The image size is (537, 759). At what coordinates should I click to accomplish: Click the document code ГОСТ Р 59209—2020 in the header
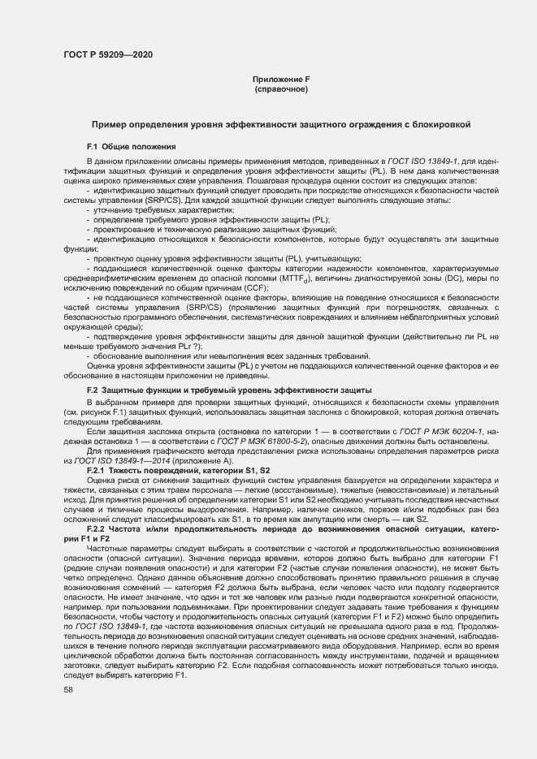tap(107, 54)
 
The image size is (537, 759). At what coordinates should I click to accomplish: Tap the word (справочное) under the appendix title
tap(281, 88)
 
